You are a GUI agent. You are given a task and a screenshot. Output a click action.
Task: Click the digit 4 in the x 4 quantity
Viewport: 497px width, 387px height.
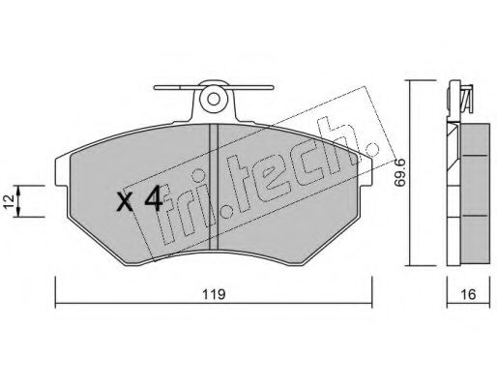(x=151, y=200)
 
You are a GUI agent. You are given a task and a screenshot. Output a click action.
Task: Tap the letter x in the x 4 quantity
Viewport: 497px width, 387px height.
(x=125, y=203)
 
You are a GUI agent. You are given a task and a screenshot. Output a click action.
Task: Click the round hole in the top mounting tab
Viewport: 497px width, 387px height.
(x=214, y=99)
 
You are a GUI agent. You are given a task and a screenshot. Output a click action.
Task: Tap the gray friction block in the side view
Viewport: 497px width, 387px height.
(x=474, y=184)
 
